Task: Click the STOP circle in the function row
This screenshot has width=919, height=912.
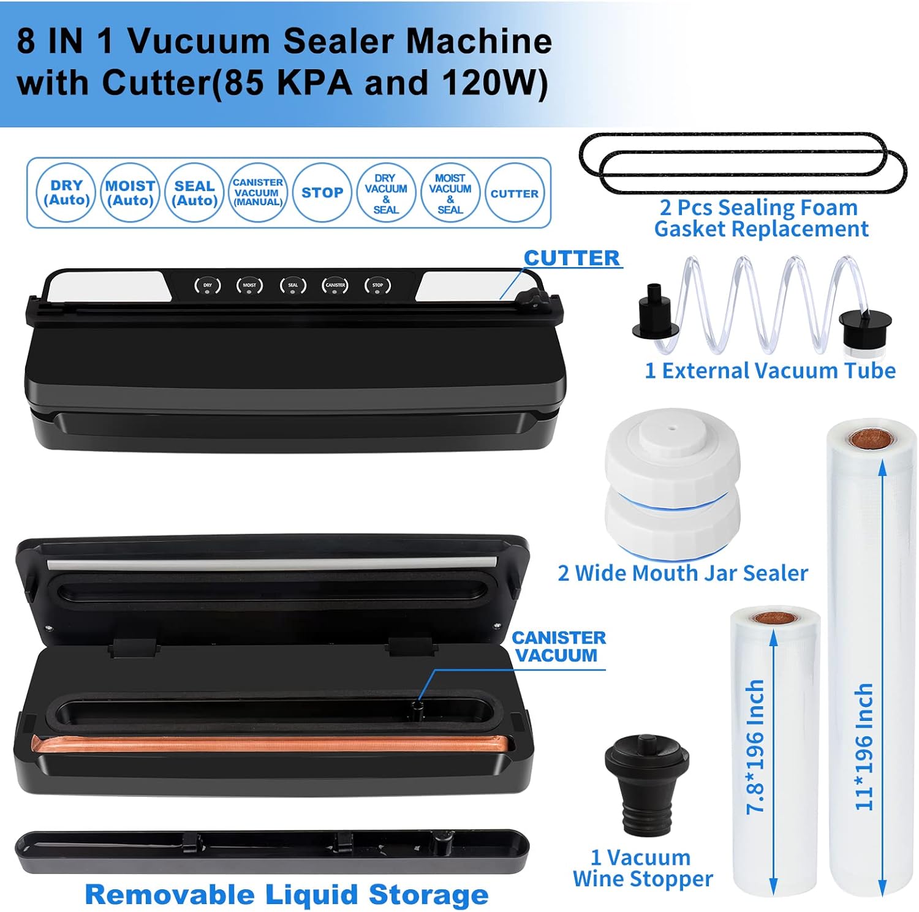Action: coord(322,193)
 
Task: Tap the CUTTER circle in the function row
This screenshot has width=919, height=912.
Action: coord(514,194)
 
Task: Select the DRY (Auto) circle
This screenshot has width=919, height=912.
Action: coord(66,193)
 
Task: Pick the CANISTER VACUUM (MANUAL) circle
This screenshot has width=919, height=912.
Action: coord(258,193)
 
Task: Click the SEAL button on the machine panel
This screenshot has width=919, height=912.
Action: coord(293,285)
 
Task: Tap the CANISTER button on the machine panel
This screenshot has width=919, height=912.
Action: coord(335,285)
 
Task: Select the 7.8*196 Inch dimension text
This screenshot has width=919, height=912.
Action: coord(755,747)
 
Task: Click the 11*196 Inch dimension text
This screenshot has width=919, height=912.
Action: coord(864,747)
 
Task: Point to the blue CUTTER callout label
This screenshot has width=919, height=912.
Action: coord(571,258)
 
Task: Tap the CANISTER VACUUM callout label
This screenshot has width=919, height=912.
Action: coord(558,646)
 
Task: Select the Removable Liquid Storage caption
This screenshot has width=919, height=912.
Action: coord(287,894)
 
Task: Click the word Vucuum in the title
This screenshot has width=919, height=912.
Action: coord(200,41)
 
